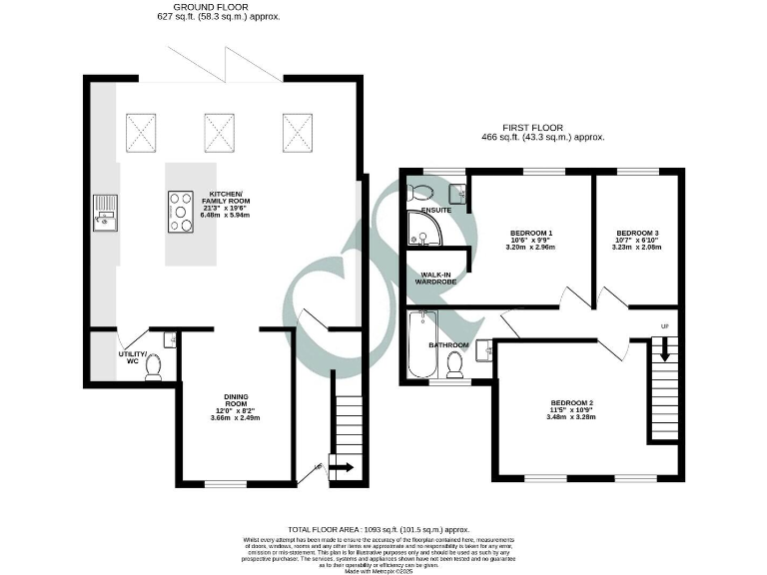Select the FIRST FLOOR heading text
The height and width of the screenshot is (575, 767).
click(535, 128)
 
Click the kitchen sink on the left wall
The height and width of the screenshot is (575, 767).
click(104, 212)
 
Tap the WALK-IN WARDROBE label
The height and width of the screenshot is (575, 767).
click(436, 279)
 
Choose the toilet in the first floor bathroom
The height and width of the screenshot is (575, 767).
click(456, 362)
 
